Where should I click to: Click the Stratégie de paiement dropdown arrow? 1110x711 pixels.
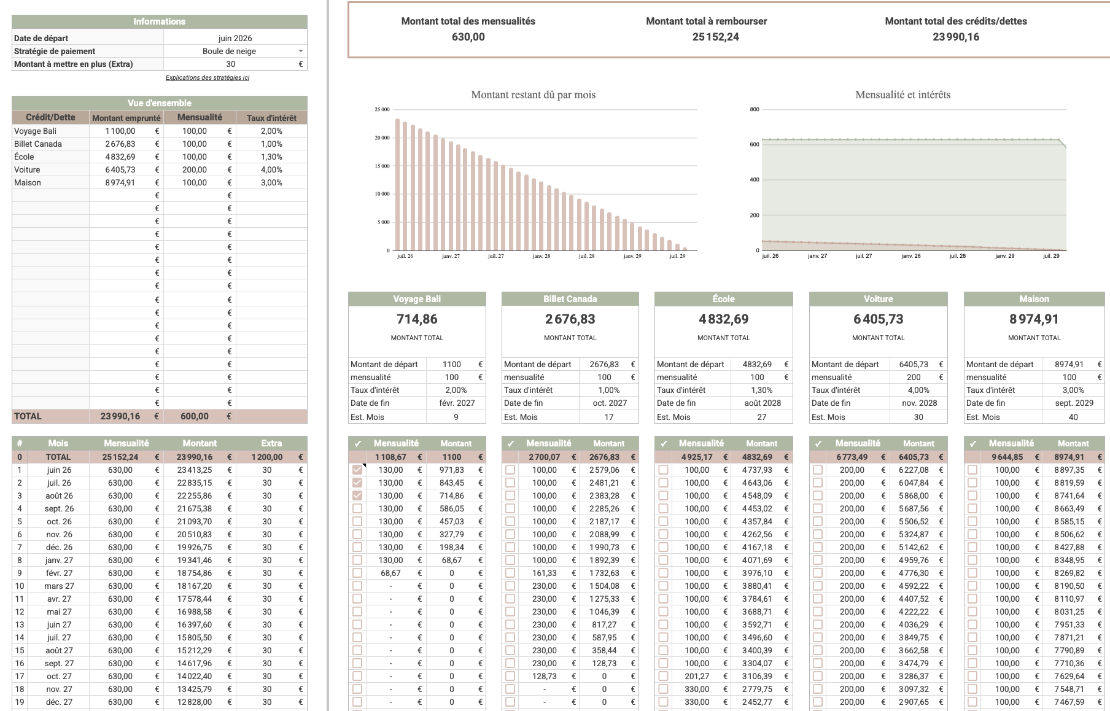(301, 51)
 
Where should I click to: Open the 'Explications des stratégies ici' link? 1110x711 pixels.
(208, 77)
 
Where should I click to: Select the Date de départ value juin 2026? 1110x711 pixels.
(235, 38)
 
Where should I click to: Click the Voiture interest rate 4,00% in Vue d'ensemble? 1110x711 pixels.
(271, 169)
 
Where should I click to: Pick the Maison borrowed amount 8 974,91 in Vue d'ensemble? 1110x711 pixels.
(120, 182)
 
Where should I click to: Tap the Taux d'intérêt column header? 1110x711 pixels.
(271, 118)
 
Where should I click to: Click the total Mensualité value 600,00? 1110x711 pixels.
(195, 416)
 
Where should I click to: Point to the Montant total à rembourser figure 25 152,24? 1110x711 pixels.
(716, 37)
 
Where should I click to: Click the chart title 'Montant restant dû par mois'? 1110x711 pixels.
(534, 95)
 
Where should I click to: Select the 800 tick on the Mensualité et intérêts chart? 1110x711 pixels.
(755, 109)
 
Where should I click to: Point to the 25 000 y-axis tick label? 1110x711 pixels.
(382, 109)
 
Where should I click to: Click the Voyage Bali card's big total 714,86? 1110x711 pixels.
(417, 319)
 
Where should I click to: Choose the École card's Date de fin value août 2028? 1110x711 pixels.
(763, 403)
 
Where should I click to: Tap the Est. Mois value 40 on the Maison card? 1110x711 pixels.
(1073, 417)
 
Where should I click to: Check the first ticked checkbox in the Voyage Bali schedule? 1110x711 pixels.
(357, 470)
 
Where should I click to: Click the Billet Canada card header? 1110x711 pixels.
(570, 299)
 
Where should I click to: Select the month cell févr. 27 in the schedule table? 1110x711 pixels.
(59, 573)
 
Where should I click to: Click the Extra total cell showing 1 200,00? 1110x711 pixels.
(267, 457)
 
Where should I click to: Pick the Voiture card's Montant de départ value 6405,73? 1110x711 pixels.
(914, 364)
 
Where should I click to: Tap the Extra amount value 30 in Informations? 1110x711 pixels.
(231, 64)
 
